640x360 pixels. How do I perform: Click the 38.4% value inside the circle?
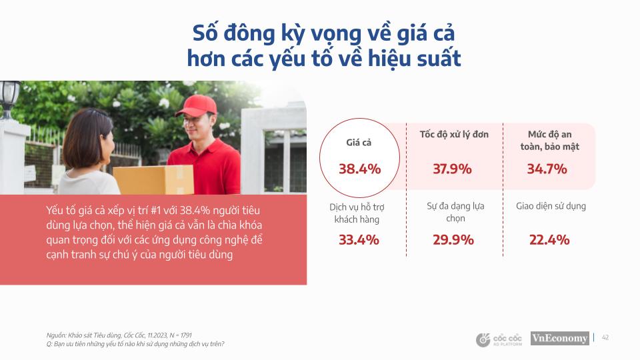pyautogui.click(x=359, y=169)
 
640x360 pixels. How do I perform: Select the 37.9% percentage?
pyautogui.click(x=452, y=169)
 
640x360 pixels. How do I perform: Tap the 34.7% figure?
pyautogui.click(x=547, y=169)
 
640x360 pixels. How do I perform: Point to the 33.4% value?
pyautogui.click(x=359, y=239)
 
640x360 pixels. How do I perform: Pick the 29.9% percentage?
pyautogui.click(x=453, y=239)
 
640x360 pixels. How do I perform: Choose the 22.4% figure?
pyautogui.click(x=549, y=239)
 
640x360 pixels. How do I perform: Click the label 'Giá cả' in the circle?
pyautogui.click(x=358, y=143)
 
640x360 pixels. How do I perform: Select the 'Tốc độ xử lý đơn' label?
pyautogui.click(x=454, y=135)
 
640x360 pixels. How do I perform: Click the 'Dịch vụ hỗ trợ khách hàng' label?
pyautogui.click(x=359, y=213)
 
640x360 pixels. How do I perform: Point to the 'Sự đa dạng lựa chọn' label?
pyautogui.click(x=455, y=212)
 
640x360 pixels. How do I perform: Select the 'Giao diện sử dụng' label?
pyautogui.click(x=551, y=206)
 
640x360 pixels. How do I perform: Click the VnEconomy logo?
pyautogui.click(x=559, y=339)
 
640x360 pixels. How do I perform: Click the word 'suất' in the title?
pyautogui.click(x=433, y=59)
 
